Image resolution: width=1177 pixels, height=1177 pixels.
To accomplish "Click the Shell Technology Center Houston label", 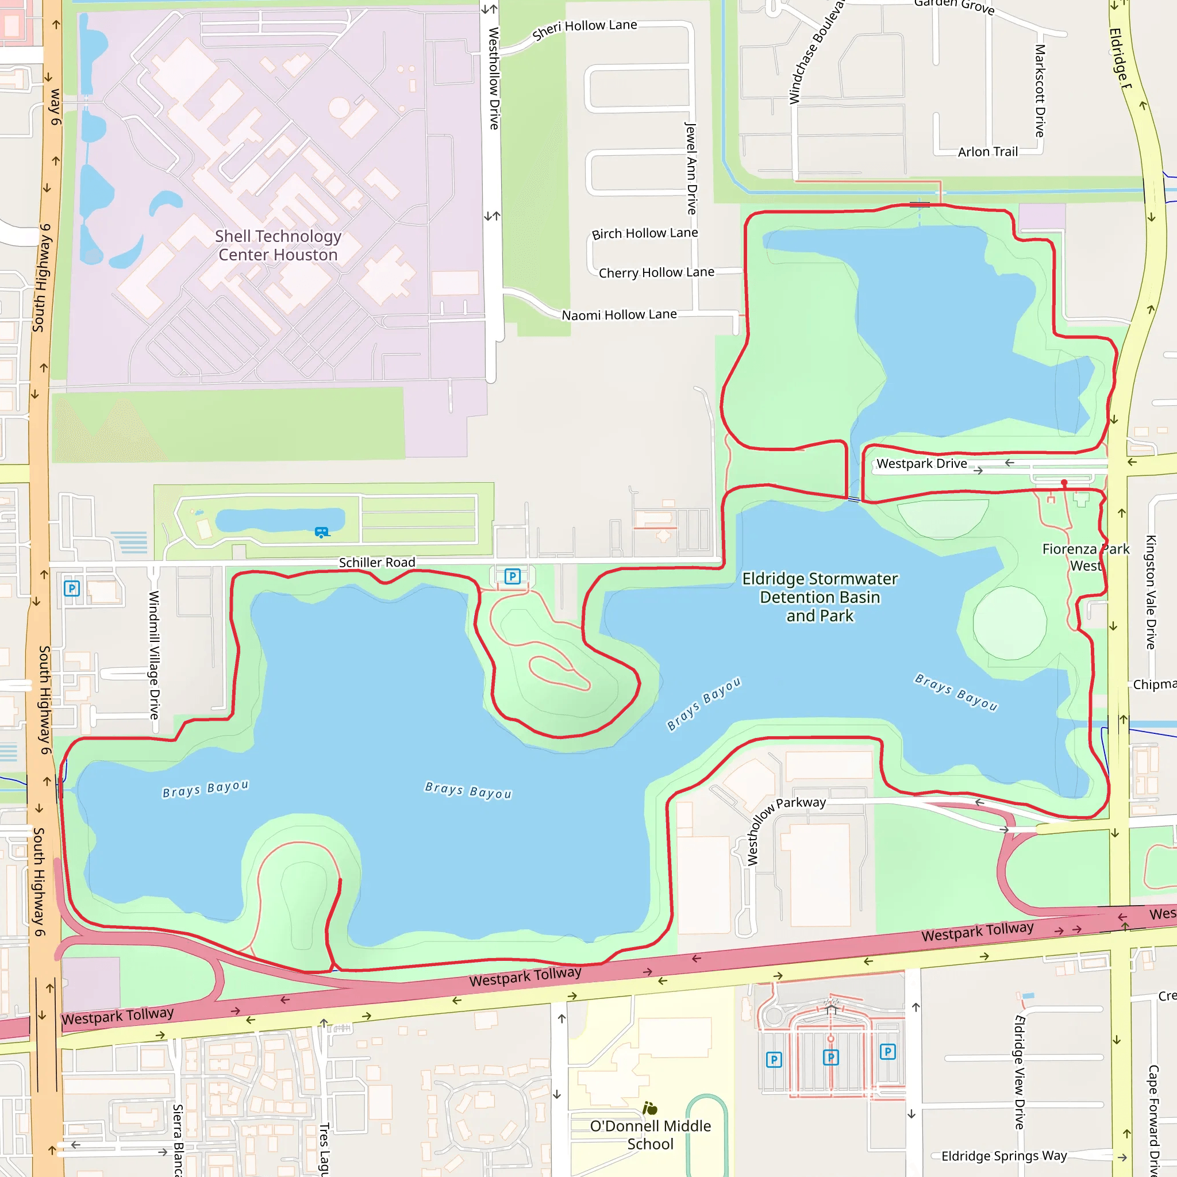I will [x=278, y=245].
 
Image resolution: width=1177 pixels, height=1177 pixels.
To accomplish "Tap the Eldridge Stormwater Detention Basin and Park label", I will [x=820, y=597].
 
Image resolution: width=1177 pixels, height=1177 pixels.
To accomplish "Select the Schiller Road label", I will [x=376, y=562].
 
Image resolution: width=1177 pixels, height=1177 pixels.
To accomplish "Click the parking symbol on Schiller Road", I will [x=512, y=576].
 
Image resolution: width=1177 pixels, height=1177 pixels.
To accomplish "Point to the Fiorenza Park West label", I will [x=1085, y=557].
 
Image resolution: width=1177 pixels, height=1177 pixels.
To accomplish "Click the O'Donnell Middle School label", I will [x=650, y=1134].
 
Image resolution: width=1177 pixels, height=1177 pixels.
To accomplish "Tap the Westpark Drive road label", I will [x=921, y=464].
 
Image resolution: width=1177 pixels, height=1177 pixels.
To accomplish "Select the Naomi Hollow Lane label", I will [x=619, y=315].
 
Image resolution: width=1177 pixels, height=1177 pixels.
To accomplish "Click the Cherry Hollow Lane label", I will [x=656, y=272].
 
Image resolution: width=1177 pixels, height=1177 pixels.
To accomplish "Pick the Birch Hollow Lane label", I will [x=645, y=233].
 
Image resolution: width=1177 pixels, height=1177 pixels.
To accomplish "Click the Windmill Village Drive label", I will [x=154, y=655].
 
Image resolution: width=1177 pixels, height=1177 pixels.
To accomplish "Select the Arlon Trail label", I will [x=987, y=152].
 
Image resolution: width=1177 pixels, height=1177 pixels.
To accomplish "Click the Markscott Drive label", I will [x=1040, y=90].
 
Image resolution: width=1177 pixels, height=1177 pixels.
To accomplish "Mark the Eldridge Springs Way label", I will [x=1004, y=1156].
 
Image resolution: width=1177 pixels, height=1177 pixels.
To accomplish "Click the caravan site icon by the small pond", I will [x=322, y=532].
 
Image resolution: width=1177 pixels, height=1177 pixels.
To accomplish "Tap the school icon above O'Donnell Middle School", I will [x=649, y=1108].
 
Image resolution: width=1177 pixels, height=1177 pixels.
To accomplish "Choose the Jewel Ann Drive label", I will [x=691, y=168].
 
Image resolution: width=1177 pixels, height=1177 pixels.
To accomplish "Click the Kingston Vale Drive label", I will [x=1150, y=592].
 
